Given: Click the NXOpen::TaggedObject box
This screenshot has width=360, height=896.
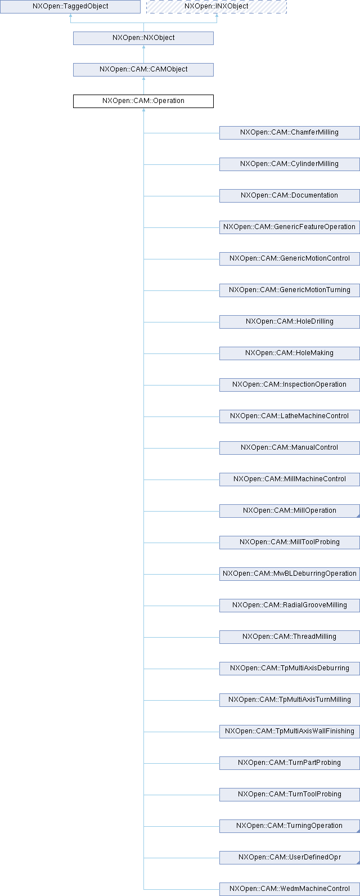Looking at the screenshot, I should click(x=70, y=7).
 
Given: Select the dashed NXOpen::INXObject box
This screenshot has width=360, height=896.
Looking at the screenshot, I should click(x=216, y=7).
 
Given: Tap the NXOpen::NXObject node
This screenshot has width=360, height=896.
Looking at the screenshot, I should click(x=143, y=38).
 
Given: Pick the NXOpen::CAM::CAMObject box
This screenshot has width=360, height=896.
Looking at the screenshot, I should click(x=143, y=70).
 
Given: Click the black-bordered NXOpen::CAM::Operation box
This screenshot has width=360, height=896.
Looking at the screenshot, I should click(x=143, y=101).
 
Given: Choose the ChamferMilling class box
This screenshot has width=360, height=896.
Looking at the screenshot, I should click(x=289, y=133).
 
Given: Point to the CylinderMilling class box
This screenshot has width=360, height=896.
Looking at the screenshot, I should click(x=289, y=164).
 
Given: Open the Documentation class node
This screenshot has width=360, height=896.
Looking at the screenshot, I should click(x=289, y=196).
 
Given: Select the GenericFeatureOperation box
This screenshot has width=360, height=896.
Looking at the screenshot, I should click(x=289, y=227).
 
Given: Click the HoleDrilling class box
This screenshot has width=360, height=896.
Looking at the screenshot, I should click(x=289, y=322).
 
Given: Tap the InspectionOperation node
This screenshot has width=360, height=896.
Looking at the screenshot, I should click(x=289, y=385).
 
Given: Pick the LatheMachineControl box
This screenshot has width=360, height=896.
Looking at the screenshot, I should click(x=289, y=416).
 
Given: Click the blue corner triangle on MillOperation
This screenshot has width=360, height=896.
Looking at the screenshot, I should click(x=357, y=515).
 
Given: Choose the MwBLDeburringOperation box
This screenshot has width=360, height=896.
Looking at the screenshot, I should click(x=289, y=574).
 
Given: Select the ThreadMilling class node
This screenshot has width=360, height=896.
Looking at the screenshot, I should click(x=289, y=637).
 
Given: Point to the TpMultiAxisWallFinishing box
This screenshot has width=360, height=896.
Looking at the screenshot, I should click(x=289, y=732).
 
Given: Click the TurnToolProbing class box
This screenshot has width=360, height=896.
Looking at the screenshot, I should click(x=289, y=795).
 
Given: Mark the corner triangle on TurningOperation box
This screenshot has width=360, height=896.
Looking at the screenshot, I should click(x=357, y=830).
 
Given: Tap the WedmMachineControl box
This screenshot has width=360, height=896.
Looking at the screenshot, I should click(x=289, y=889).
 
